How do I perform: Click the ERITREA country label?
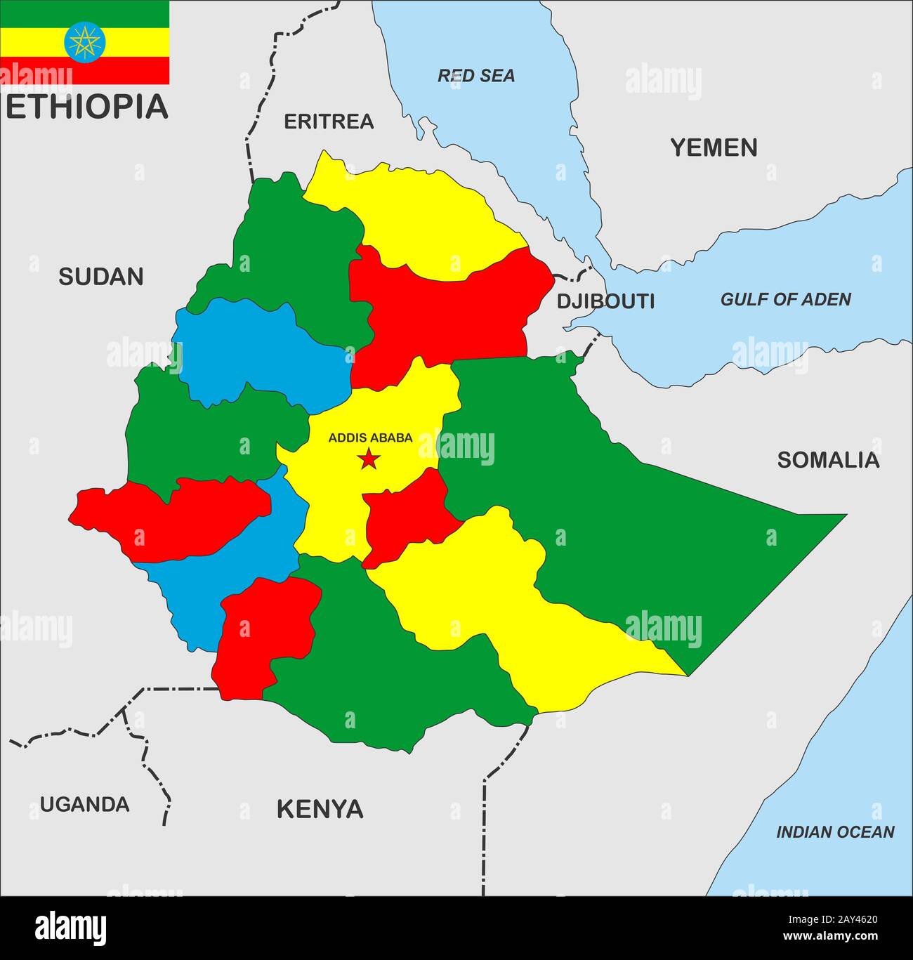coord(328,121)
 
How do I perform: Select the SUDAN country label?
coord(100,277)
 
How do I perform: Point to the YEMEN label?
coord(714,147)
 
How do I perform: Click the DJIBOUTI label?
coord(605,301)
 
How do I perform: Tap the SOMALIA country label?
coord(827,460)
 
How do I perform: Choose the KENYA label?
coord(320,809)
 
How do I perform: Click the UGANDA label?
coord(84,804)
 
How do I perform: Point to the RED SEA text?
coord(476,76)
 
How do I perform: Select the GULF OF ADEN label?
coord(785,300)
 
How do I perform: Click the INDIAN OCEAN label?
coord(834,832)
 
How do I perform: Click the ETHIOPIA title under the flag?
coord(86,106)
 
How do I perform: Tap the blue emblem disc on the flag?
coord(84,42)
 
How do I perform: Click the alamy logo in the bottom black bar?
coord(71,928)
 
